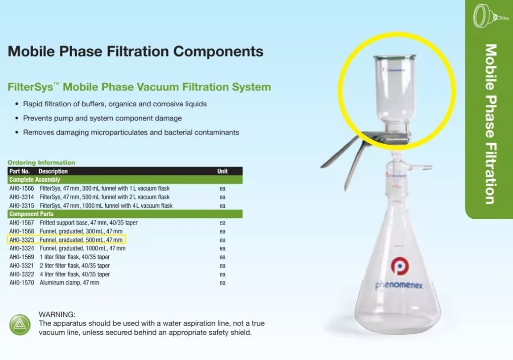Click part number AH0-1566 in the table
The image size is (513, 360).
coord(22,188)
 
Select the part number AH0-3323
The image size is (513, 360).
coord(22,240)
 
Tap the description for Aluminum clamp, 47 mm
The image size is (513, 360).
coord(69,282)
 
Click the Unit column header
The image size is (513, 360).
coord(223,171)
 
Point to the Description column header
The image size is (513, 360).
coord(53,171)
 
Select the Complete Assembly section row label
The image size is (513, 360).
coord(35,180)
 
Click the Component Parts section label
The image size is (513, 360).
coord(31,214)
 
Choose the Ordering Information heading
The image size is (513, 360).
coord(41,162)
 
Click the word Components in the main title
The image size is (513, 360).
coord(218,52)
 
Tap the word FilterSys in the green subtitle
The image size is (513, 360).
coord(30,87)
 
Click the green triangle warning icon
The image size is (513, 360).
coord(20,325)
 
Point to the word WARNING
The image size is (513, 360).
coord(57,315)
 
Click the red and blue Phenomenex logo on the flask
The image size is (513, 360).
coord(400,266)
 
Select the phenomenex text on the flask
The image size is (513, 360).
coord(399,285)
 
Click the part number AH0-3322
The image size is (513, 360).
coord(22,274)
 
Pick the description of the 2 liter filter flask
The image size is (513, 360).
coord(75,266)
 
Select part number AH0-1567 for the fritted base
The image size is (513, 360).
coord(22,223)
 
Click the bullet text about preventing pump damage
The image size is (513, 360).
coord(102,118)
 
